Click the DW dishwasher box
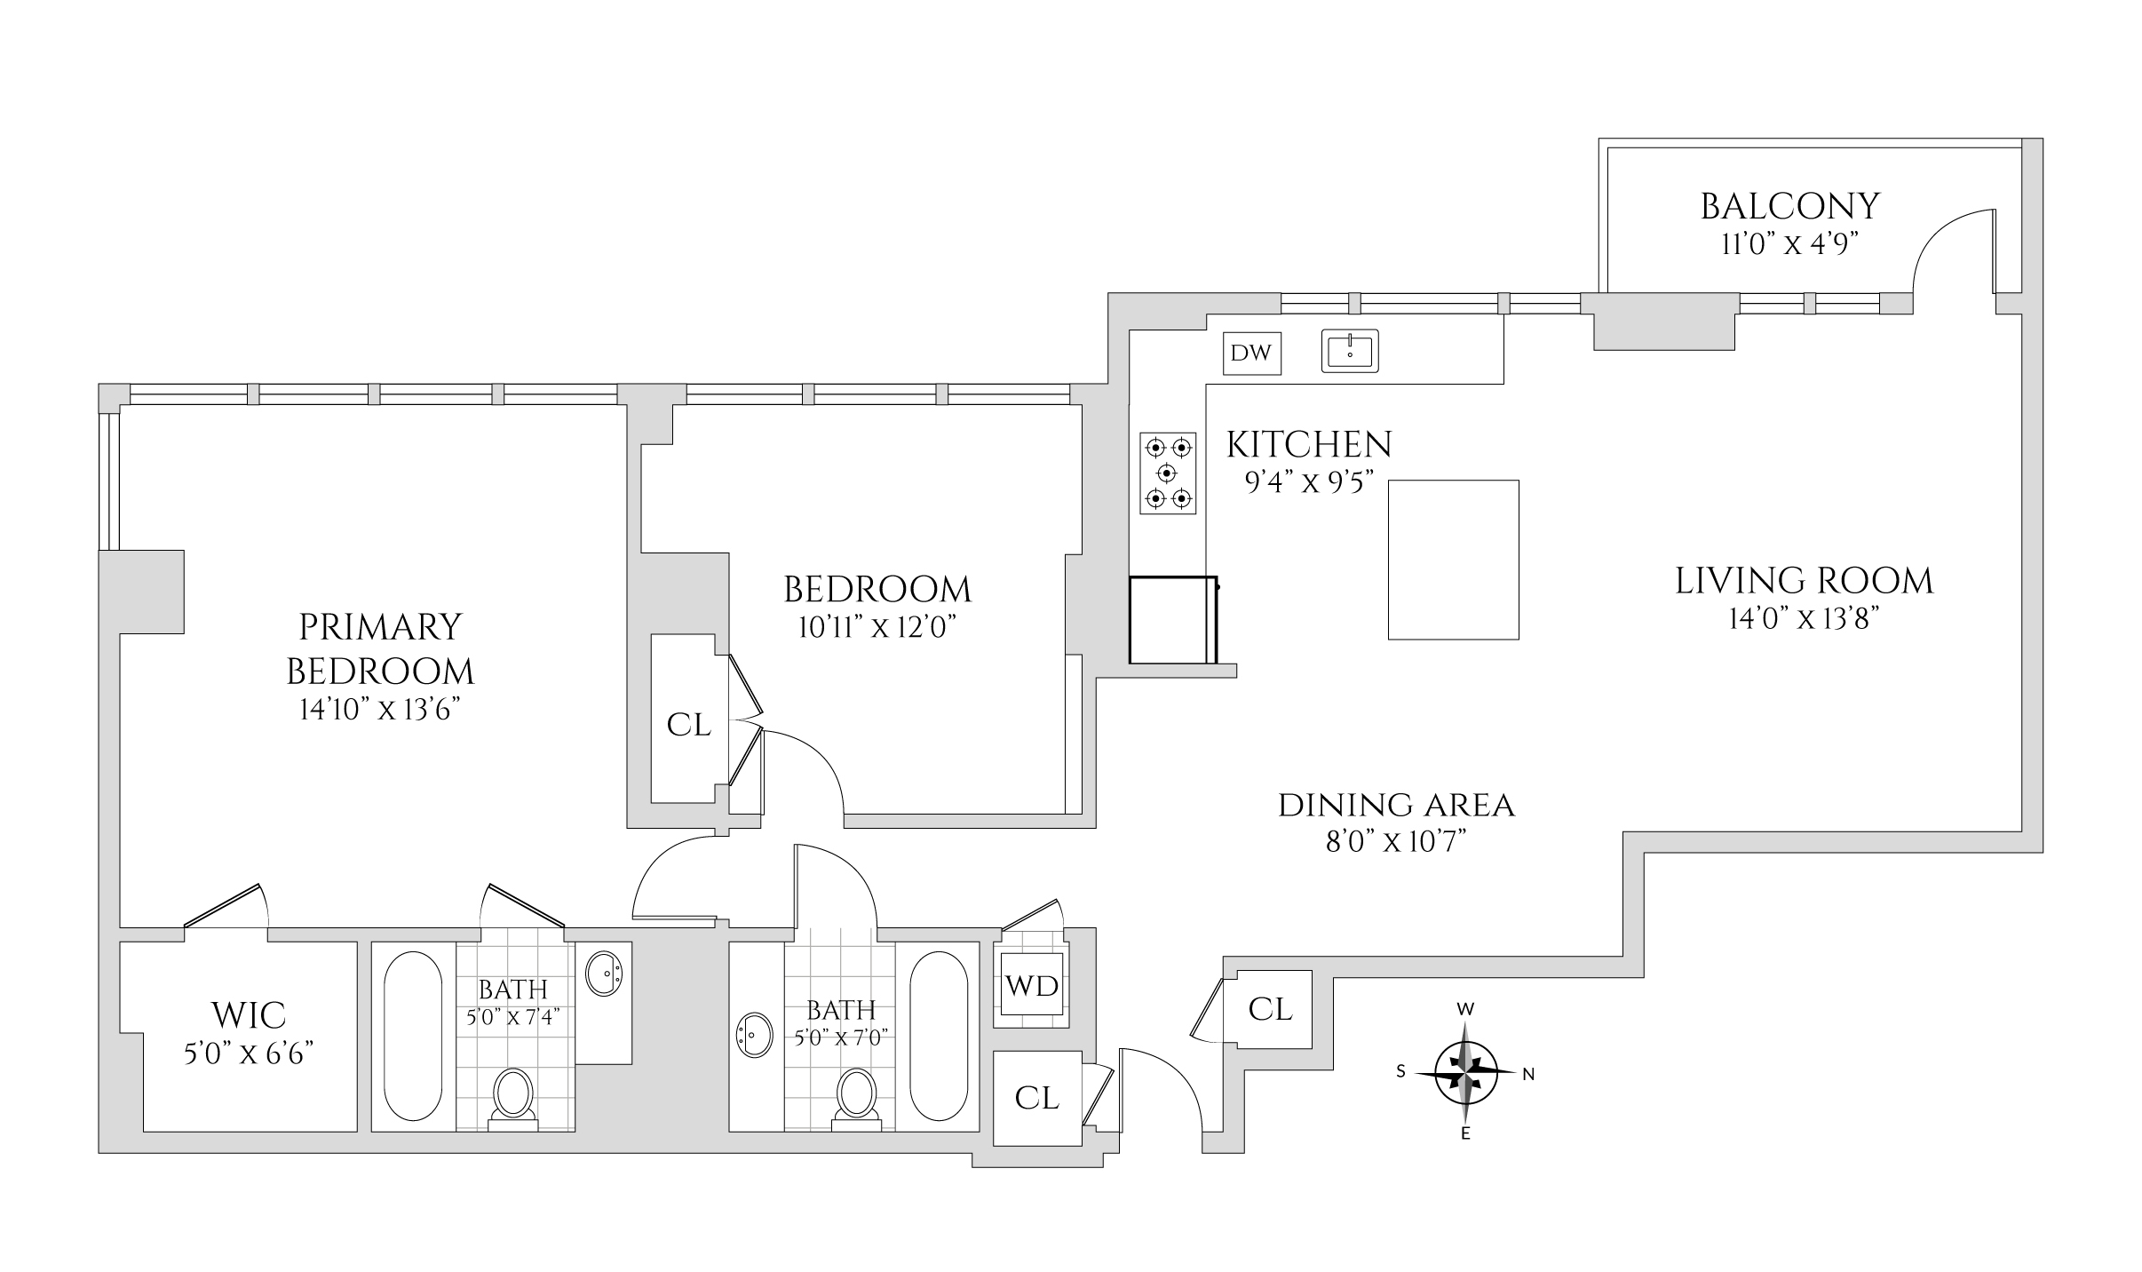coord(1251,354)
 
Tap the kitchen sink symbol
coord(1350,350)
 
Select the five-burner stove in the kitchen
coord(1168,473)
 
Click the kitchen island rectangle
coord(1453,560)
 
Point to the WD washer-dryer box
coord(1031,985)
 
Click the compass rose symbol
coord(1465,1073)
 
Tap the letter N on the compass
coord(1528,1074)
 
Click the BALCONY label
coord(1789,206)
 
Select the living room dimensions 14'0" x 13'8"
coord(1804,618)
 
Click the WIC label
coord(249,1014)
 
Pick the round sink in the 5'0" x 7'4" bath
coord(606,974)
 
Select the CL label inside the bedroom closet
coord(689,726)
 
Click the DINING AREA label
coord(1396,806)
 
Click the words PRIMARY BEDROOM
coord(380,648)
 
